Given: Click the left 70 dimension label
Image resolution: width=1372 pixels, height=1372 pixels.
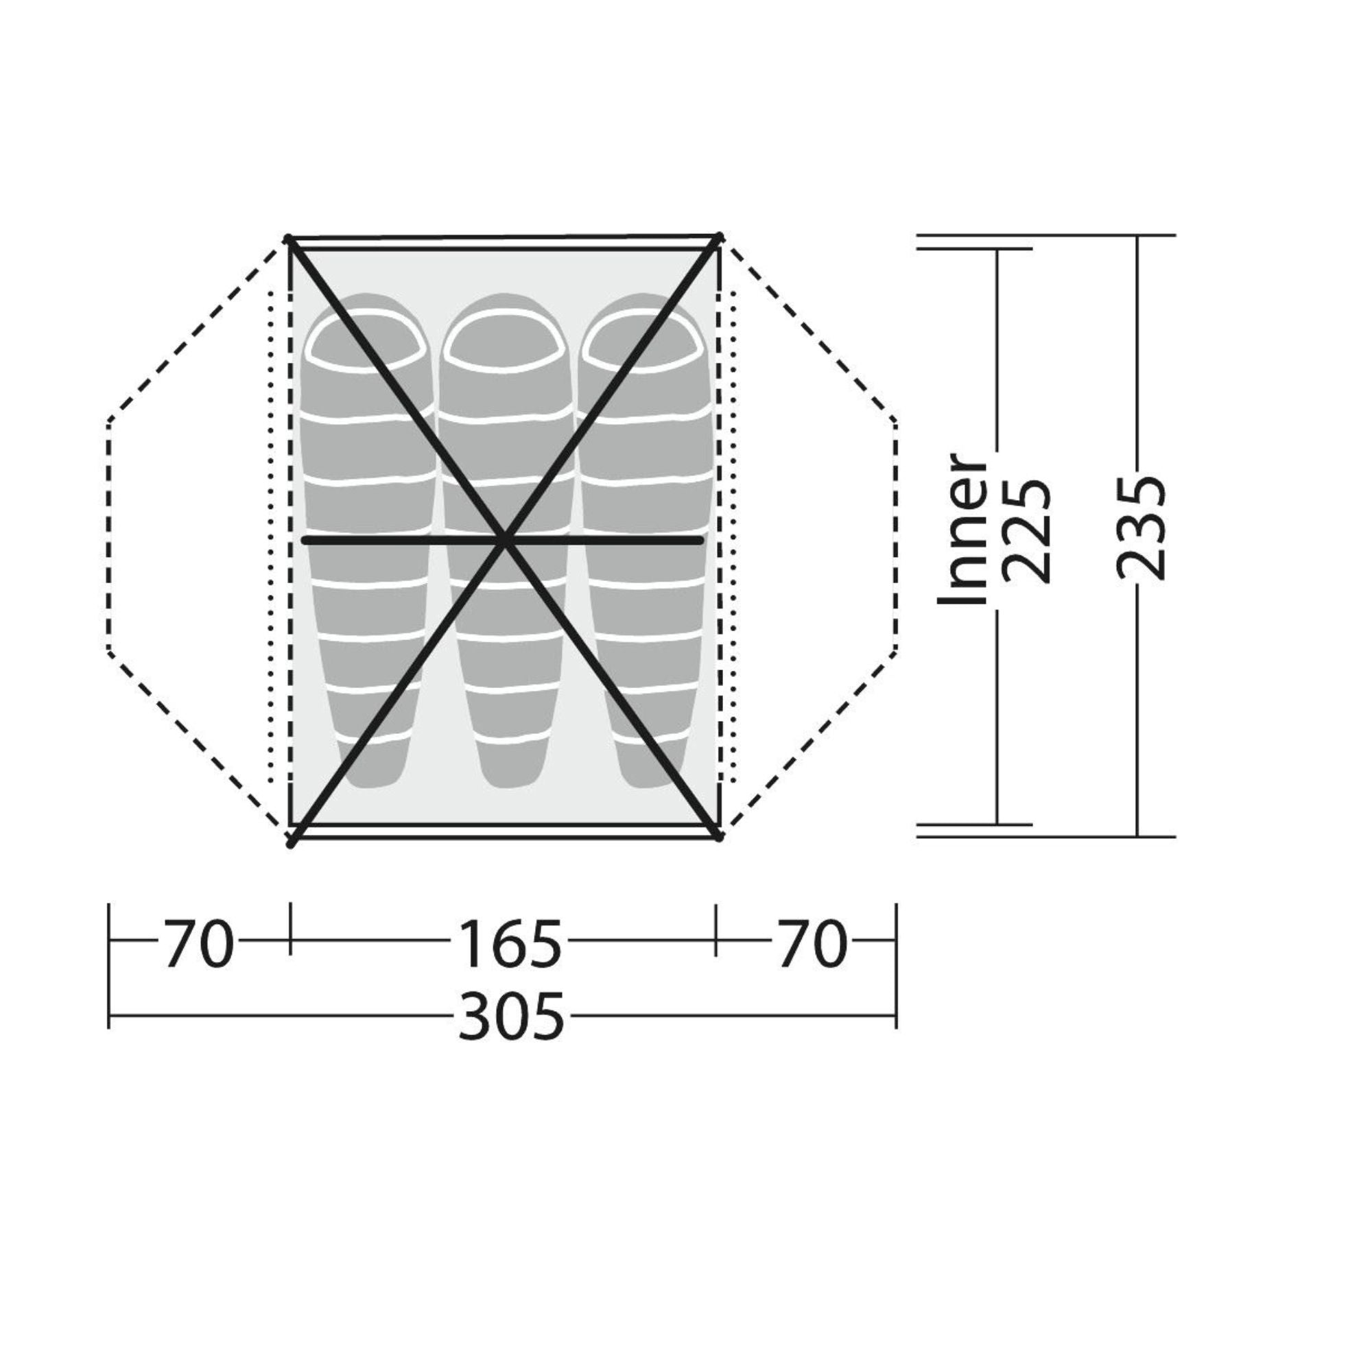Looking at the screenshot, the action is (199, 945).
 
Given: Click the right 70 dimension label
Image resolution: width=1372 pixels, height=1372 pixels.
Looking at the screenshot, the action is (812, 945).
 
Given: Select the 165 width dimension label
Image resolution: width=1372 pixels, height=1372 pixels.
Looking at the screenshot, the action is (509, 945).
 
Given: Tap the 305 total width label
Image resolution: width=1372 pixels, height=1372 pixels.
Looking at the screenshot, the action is (511, 1016).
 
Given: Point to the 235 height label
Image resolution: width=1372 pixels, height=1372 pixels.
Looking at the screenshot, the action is (1142, 529).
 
